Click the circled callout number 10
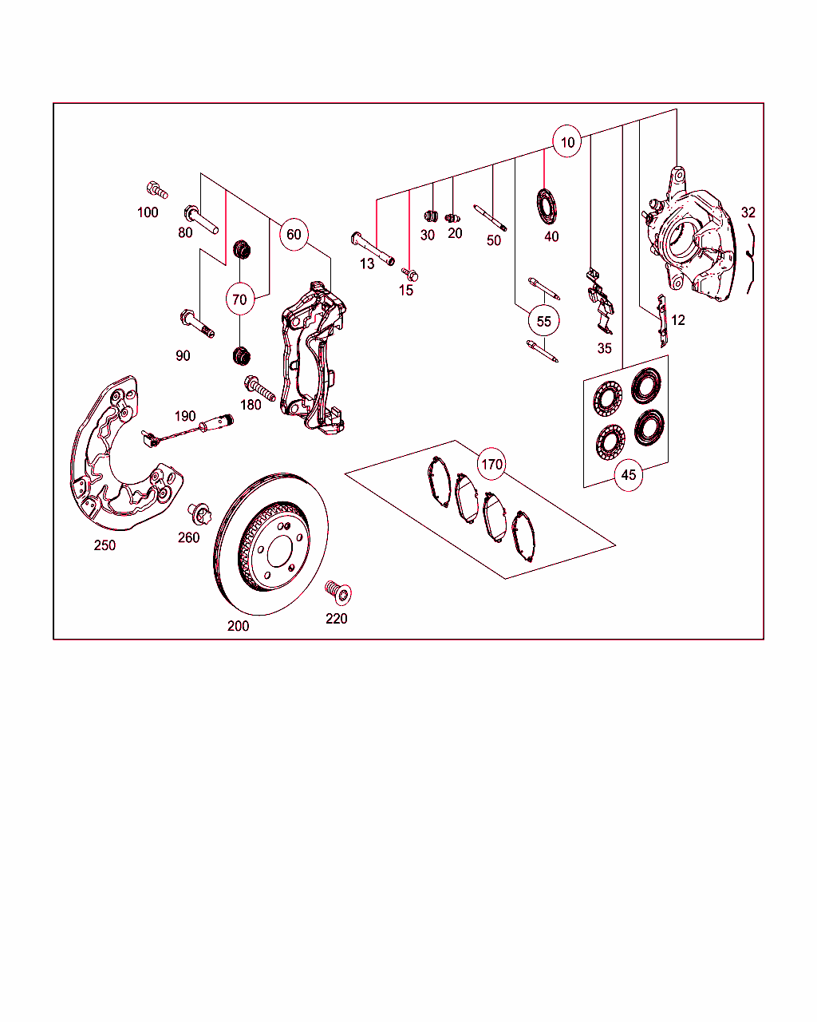[567, 141]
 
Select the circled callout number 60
[294, 234]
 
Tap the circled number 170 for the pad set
[491, 464]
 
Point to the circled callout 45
[629, 475]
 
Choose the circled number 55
[543, 322]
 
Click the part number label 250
[105, 545]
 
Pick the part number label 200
[238, 626]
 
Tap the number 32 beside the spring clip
[748, 212]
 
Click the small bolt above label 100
[157, 190]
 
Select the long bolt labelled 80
[201, 220]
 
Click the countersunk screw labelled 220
[338, 592]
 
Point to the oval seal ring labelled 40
[547, 206]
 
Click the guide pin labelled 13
[373, 248]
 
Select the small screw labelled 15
[409, 274]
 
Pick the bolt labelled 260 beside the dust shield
[199, 513]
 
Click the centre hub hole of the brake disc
[279, 552]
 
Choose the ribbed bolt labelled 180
[259, 388]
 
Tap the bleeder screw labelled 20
[452, 219]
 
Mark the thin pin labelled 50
[490, 218]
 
